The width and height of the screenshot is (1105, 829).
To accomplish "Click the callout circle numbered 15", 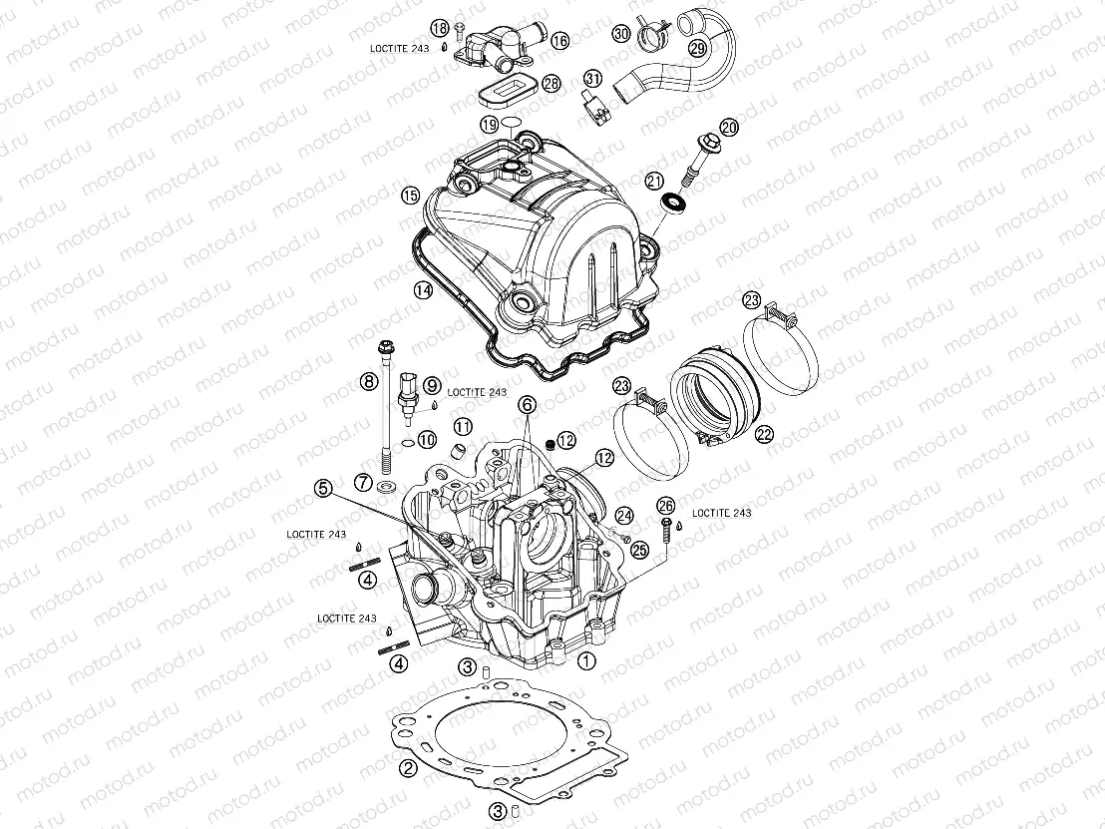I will point(408,195).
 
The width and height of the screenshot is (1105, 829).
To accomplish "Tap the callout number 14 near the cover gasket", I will point(423,289).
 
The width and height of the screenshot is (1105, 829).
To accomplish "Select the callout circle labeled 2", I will point(407,767).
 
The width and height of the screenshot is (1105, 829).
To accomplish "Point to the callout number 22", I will point(765,434).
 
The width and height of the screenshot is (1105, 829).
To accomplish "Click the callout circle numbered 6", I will point(527,404).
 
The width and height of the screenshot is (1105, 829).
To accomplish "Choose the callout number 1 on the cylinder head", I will point(586,659).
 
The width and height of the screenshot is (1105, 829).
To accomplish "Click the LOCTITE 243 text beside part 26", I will point(721,513).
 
